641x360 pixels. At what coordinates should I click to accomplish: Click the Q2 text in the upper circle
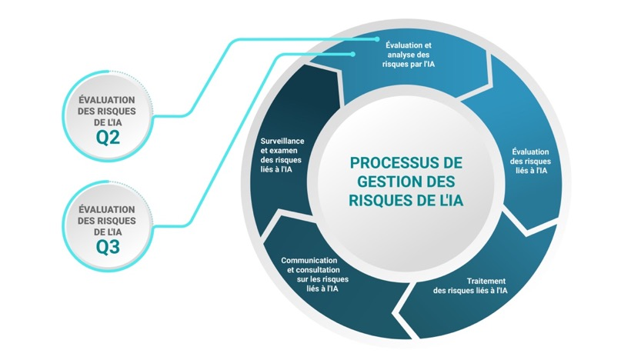click(x=108, y=137)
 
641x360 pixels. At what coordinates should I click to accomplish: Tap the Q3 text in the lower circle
click(x=108, y=247)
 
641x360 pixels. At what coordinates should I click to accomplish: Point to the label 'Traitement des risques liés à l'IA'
click(x=470, y=285)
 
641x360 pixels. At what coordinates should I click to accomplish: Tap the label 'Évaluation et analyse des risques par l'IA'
click(x=409, y=55)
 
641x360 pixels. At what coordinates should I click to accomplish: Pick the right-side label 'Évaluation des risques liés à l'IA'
click(x=530, y=161)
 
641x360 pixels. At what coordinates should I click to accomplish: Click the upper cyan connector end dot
click(x=377, y=39)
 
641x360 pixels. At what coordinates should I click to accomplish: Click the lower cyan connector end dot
click(x=352, y=54)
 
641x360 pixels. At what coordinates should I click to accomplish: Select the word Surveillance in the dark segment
click(x=282, y=141)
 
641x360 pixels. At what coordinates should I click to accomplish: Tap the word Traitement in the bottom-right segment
click(x=486, y=281)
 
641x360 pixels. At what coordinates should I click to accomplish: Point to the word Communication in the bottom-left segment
click(x=309, y=260)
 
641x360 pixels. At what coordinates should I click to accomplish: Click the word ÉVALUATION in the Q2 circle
click(x=107, y=100)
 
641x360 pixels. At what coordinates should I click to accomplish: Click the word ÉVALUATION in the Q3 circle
click(x=107, y=209)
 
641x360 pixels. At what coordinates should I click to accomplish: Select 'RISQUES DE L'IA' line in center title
click(x=406, y=200)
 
